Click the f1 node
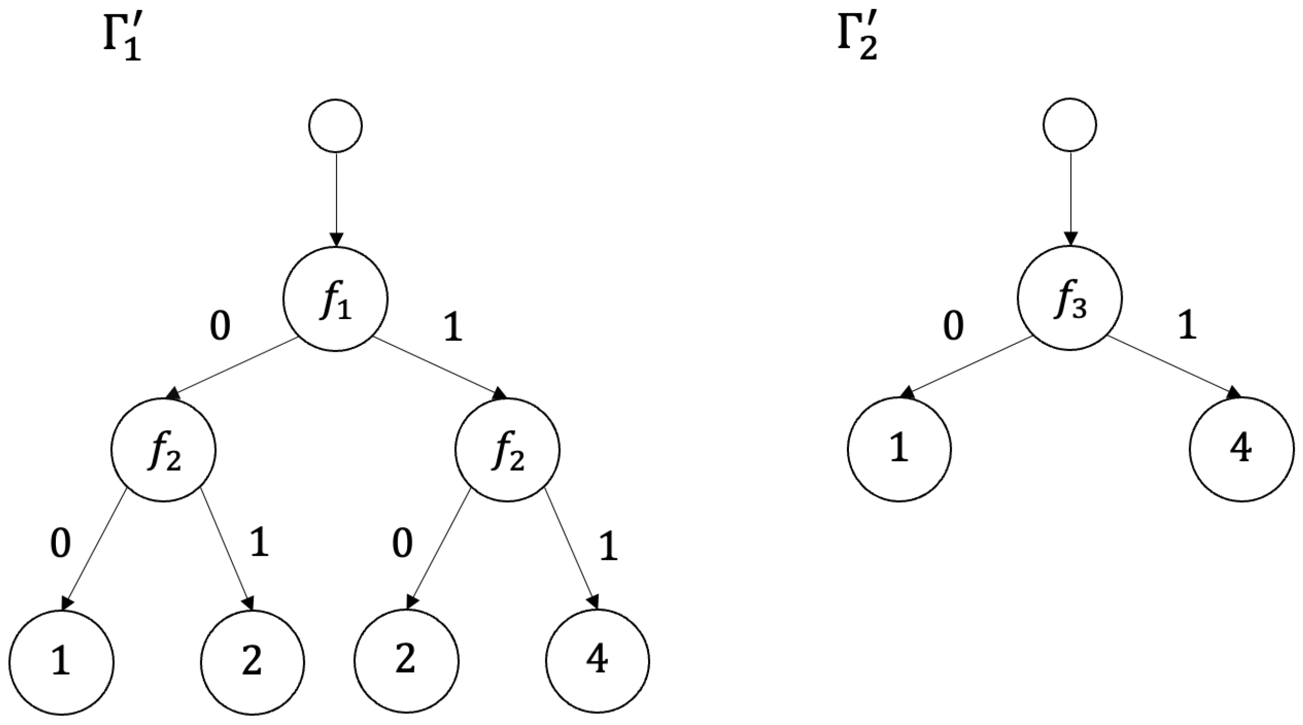(335, 298)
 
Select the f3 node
(1069, 297)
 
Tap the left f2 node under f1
(163, 449)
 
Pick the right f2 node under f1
(507, 449)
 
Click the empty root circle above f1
(335, 125)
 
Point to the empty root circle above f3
(1069, 125)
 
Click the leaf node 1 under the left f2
(61, 662)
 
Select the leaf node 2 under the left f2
(252, 662)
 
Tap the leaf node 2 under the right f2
(405, 661)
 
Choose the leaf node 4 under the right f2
(597, 661)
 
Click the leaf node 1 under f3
(900, 449)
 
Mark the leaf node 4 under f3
(1241, 449)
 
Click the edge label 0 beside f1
(220, 326)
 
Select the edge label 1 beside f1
(453, 326)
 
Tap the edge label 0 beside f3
(953, 326)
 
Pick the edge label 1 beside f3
(1187, 326)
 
